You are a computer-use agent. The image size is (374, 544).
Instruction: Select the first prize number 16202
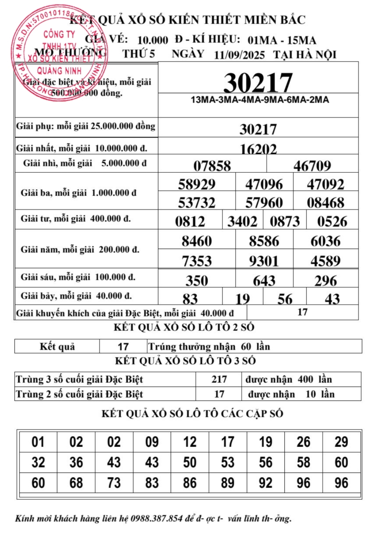(x=258, y=149)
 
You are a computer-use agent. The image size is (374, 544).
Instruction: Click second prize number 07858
(x=212, y=166)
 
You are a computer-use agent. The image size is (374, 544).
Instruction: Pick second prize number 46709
(x=312, y=166)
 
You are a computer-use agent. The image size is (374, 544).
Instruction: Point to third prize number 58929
(x=197, y=184)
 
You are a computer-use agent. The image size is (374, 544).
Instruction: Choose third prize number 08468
(x=325, y=203)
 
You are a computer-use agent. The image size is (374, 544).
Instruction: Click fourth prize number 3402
(x=242, y=222)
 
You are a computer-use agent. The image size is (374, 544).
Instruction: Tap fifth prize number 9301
(x=264, y=261)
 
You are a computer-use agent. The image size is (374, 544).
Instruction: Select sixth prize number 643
(x=264, y=281)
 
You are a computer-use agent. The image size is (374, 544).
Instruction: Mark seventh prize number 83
(x=190, y=299)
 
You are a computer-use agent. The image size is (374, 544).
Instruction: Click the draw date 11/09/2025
(x=239, y=55)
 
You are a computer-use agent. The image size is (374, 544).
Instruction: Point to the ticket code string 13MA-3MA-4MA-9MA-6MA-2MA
(x=260, y=100)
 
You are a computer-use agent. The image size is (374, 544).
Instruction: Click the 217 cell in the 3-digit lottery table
(x=219, y=379)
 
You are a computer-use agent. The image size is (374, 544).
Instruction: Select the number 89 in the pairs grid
(x=228, y=483)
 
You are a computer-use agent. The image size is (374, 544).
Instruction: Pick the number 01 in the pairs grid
(x=38, y=442)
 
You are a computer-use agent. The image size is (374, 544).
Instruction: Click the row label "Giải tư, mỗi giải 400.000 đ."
(x=76, y=219)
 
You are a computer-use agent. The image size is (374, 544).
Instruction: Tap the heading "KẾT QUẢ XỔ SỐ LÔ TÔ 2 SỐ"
(x=184, y=327)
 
